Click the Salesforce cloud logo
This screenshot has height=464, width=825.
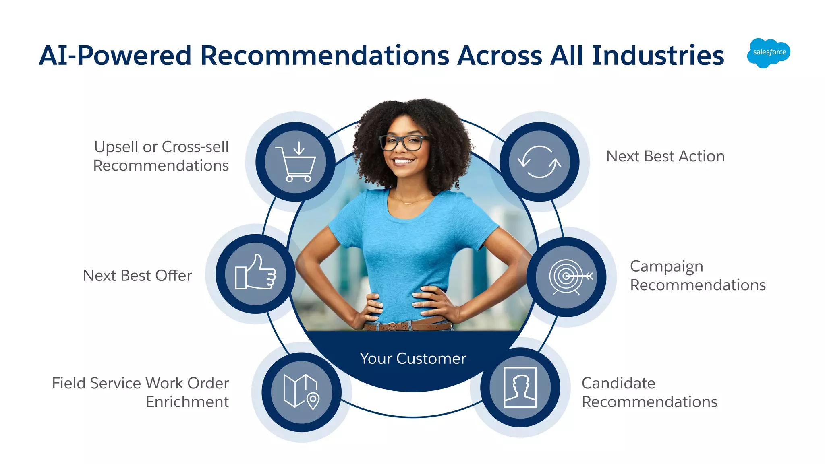769,53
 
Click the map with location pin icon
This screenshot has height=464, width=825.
301,392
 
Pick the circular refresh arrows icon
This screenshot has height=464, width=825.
539,162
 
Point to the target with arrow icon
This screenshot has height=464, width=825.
567,276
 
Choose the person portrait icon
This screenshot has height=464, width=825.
520,387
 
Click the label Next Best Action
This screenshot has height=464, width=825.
665,156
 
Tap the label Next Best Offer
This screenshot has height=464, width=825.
137,276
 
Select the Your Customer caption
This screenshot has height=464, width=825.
413,358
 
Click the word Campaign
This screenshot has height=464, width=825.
666,267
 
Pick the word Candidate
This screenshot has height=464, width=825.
618,383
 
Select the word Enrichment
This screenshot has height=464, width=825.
187,402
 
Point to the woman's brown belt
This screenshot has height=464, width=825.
407,325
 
